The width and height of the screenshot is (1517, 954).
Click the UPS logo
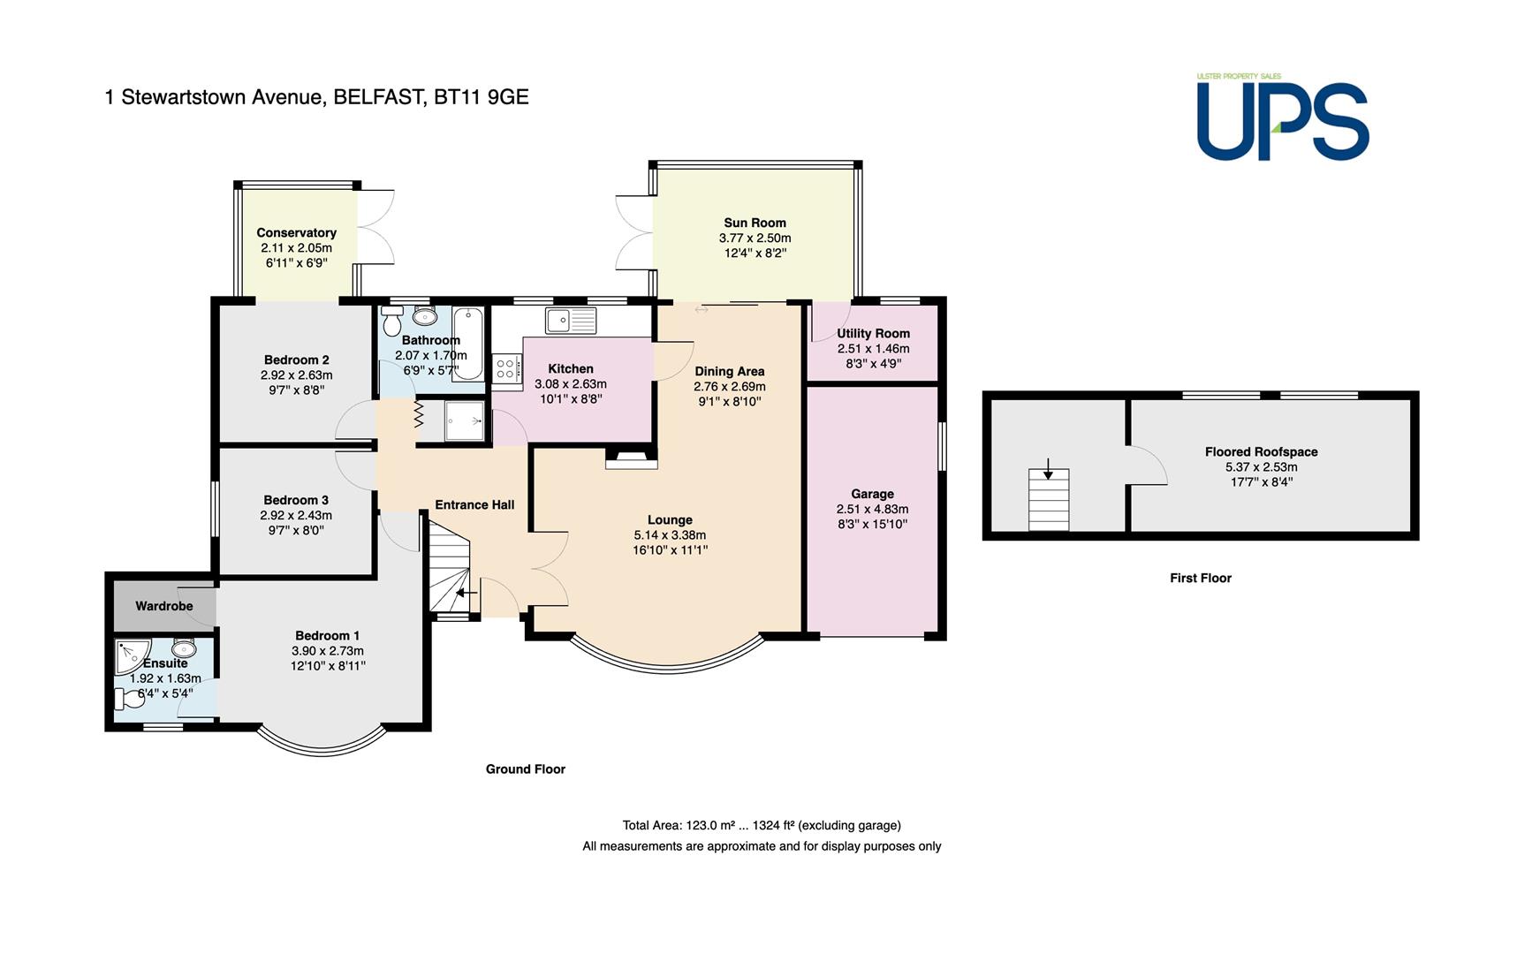click(x=1282, y=117)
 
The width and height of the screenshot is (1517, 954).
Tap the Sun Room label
click(x=755, y=223)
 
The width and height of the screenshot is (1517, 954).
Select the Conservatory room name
click(x=296, y=232)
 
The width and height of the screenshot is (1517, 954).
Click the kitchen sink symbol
click(x=571, y=320)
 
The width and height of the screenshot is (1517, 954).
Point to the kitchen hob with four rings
click(x=507, y=367)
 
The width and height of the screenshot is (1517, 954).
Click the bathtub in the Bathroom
click(x=467, y=343)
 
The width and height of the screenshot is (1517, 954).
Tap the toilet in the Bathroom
click(x=392, y=320)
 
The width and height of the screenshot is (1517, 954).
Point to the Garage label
click(x=872, y=494)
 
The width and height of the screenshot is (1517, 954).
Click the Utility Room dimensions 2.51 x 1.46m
click(x=873, y=348)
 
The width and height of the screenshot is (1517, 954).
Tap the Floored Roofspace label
click(x=1261, y=451)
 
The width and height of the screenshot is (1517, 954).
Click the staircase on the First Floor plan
click(x=1049, y=500)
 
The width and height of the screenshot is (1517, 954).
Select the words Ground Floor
click(x=526, y=768)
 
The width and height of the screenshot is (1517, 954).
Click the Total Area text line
click(x=762, y=825)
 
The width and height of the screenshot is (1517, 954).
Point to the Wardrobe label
click(x=163, y=606)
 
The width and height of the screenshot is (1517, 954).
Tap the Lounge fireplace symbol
click(x=631, y=458)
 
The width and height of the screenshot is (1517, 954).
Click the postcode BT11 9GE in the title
click(x=482, y=96)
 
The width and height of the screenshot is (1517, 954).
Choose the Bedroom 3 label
click(x=296, y=500)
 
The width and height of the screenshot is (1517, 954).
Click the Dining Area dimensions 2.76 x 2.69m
click(x=730, y=386)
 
